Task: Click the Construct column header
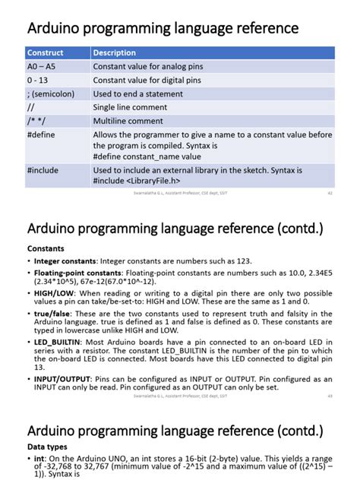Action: [46, 53]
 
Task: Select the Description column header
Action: [115, 53]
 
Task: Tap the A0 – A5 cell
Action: [42, 67]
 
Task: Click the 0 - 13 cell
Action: [38, 81]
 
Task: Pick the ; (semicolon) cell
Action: [51, 93]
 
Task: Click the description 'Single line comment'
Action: [130, 107]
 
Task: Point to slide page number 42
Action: [330, 194]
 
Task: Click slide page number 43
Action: [330, 396]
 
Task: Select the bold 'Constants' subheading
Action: [46, 248]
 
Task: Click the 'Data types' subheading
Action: [47, 447]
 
